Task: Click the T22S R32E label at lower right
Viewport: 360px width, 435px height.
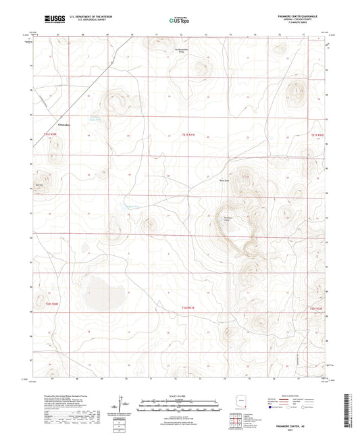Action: click(317, 309)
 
